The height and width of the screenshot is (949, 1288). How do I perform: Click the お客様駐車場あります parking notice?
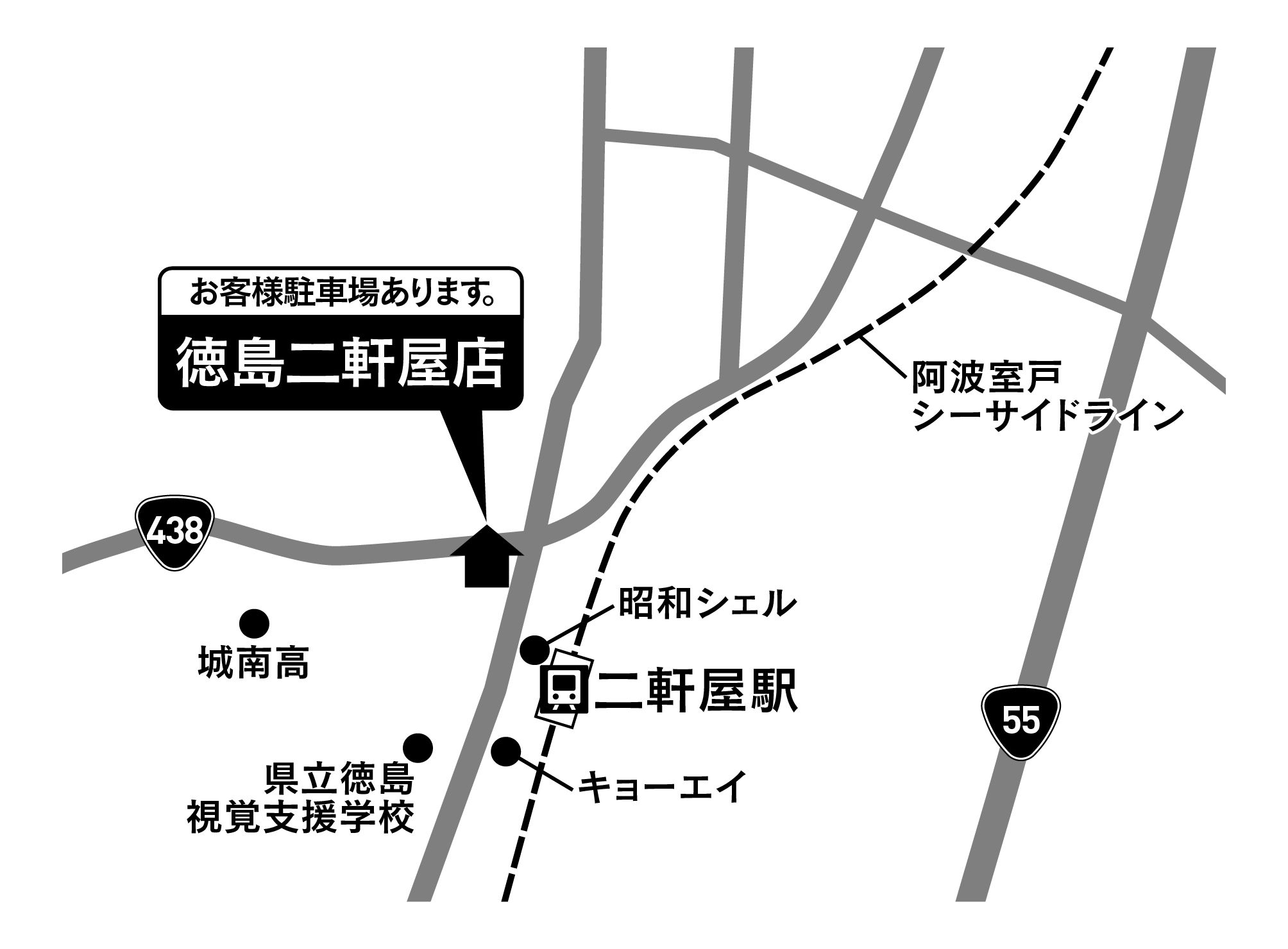tap(341, 293)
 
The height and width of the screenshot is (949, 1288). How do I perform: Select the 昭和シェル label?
tap(706, 603)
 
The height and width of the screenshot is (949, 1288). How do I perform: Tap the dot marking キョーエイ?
tap(506, 751)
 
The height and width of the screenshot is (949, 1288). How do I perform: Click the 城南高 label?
tap(254, 664)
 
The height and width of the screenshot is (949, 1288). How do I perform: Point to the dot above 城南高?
tap(254, 623)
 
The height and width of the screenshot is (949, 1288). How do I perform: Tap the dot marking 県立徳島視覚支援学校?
tap(418, 747)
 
